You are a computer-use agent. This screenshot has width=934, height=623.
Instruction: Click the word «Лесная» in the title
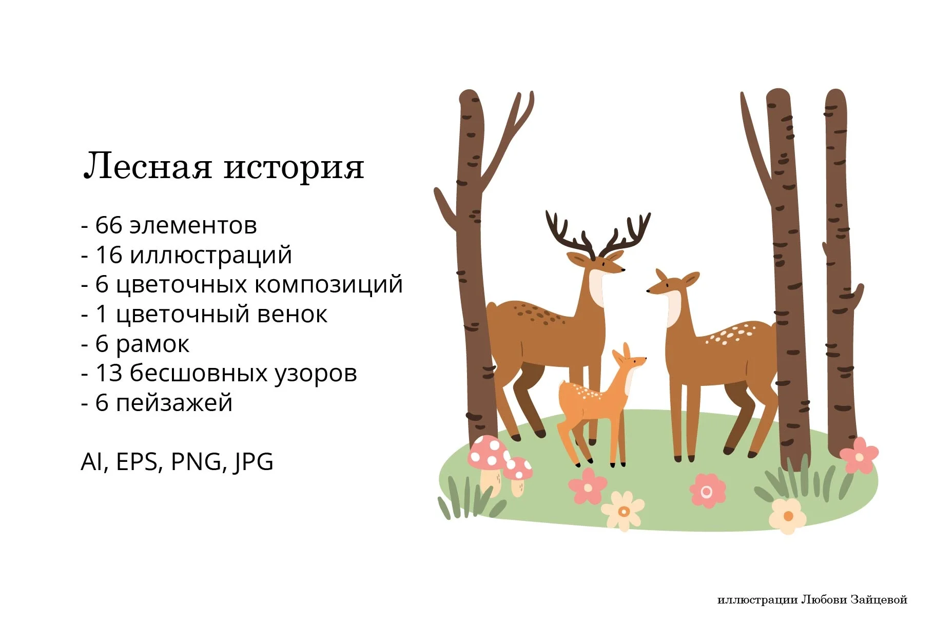(147, 166)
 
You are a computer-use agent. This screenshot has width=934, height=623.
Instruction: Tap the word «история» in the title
(294, 167)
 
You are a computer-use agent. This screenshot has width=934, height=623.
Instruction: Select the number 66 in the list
(109, 225)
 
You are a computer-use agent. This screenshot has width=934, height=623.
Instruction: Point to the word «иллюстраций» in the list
(211, 255)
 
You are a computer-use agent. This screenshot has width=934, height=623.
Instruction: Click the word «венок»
(291, 314)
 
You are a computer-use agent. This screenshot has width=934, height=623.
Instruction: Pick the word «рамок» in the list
(152, 344)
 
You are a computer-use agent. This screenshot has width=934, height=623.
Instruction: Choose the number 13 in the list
(109, 373)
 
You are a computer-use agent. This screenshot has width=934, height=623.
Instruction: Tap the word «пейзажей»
(174, 403)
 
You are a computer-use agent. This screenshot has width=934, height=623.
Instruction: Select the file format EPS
(137, 461)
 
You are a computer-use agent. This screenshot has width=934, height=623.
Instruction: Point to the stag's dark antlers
(598, 233)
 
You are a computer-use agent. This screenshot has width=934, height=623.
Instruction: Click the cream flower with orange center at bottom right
(787, 516)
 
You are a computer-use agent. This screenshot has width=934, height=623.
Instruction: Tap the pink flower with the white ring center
(707, 491)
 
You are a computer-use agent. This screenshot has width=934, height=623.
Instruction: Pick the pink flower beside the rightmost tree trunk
(859, 455)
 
